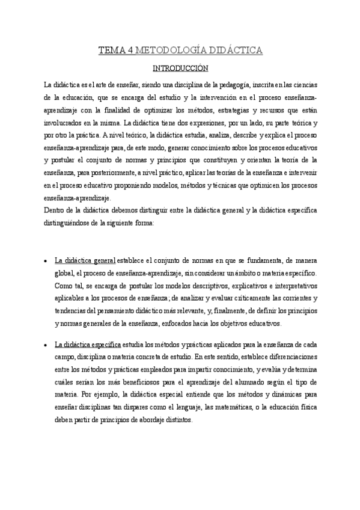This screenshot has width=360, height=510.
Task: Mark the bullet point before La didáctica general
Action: click(x=46, y=261)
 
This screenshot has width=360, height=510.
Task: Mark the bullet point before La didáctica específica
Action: click(x=46, y=345)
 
